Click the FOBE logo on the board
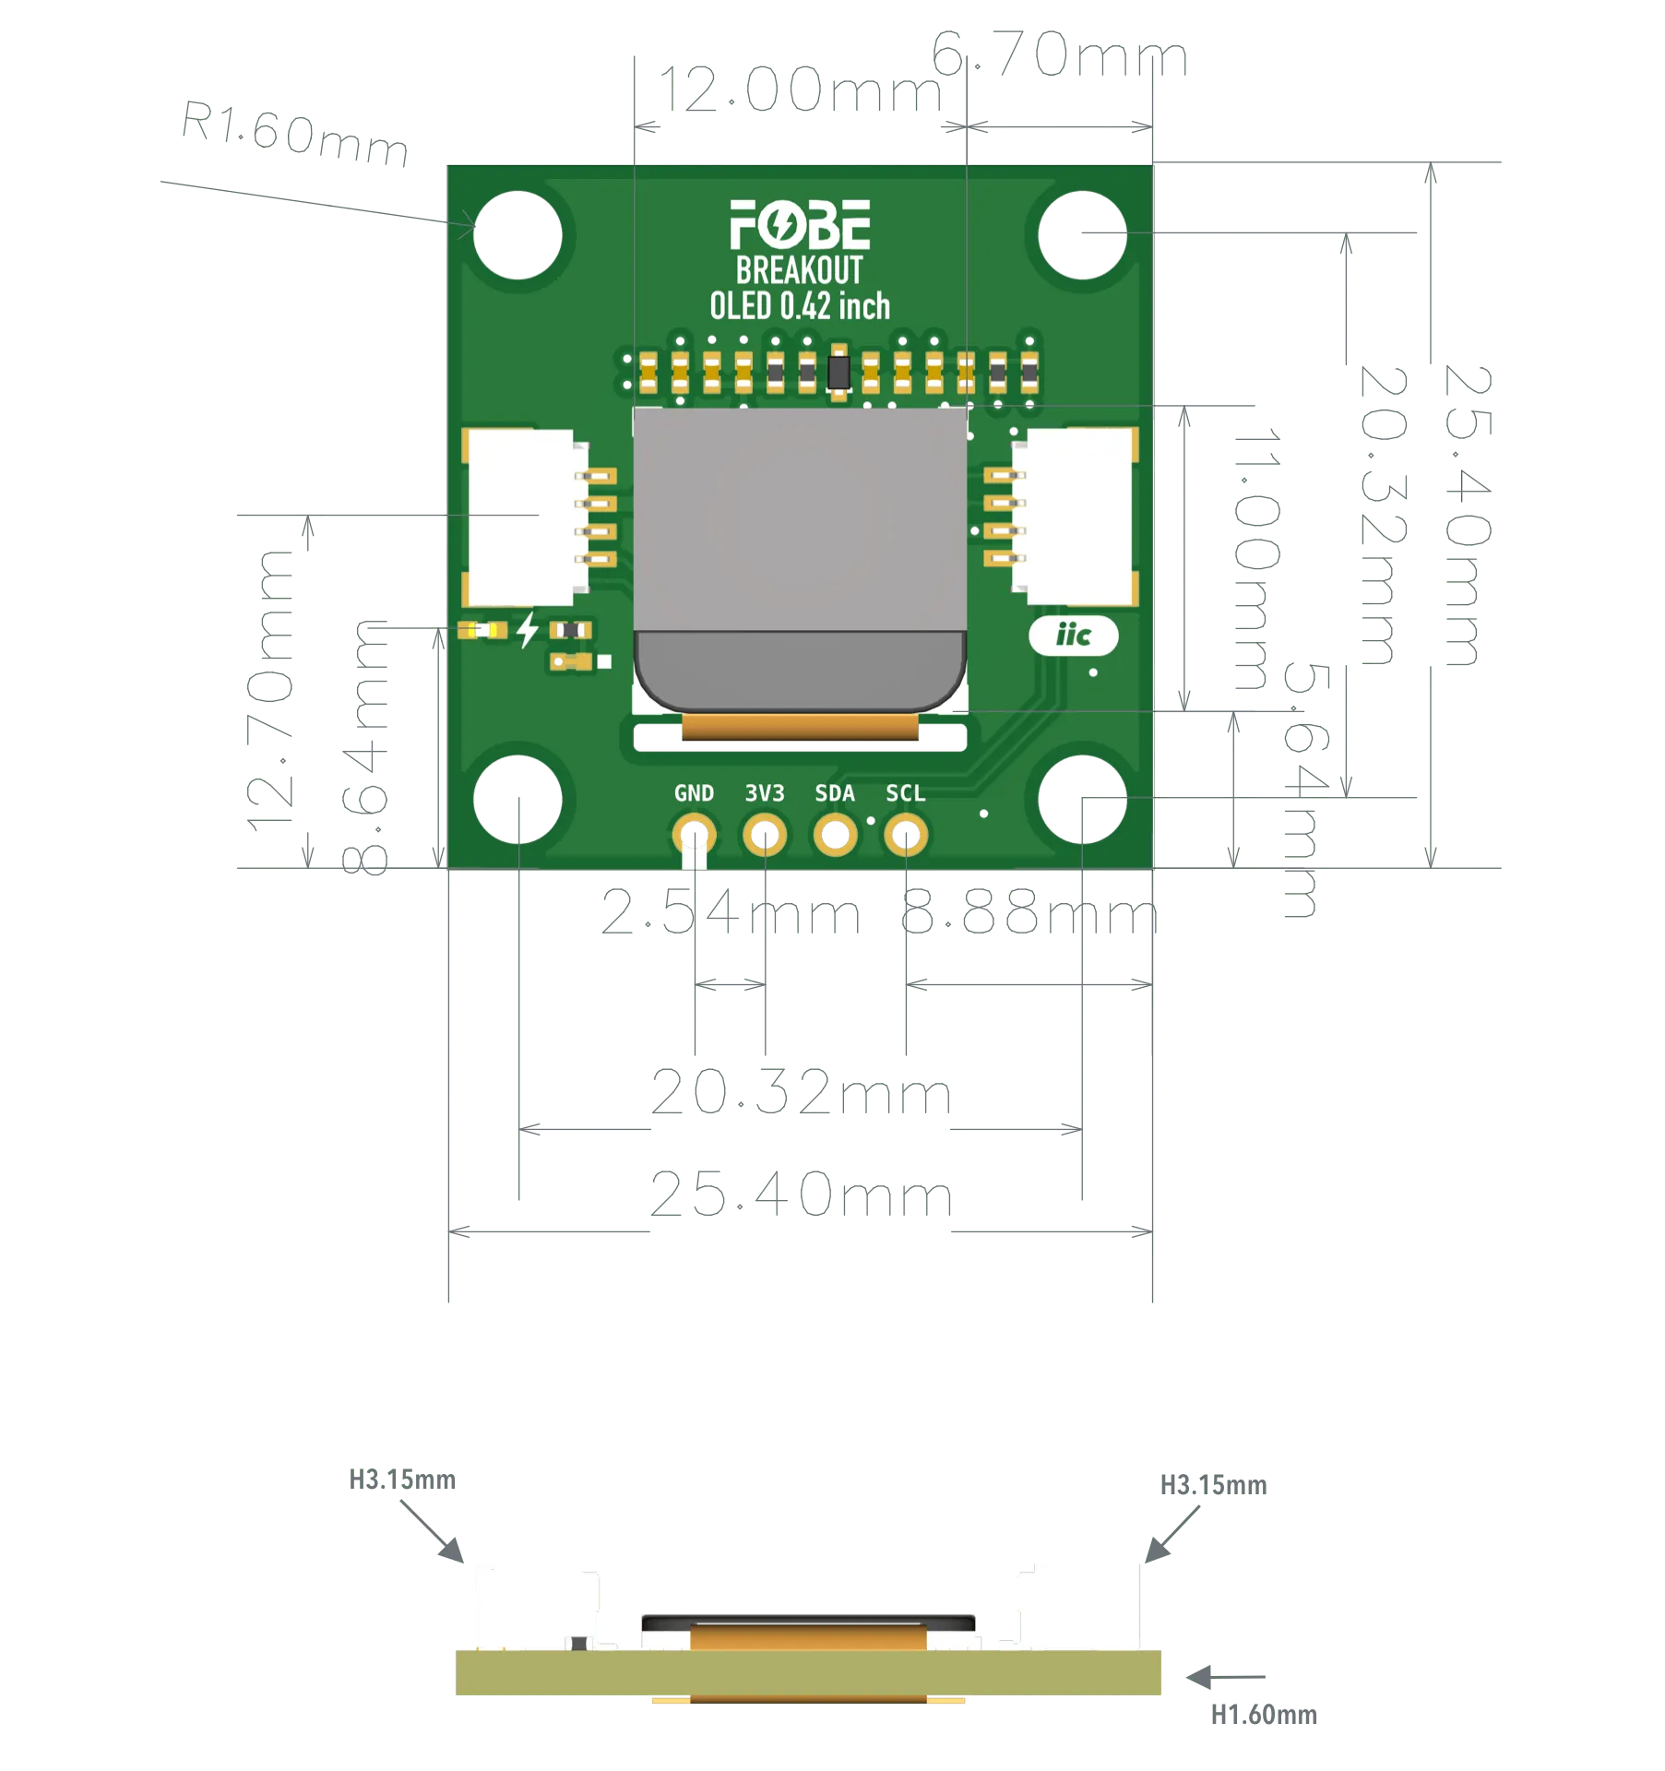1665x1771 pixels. [799, 225]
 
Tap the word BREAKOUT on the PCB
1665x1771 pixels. [799, 270]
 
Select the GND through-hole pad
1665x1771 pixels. [693, 836]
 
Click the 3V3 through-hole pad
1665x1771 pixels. [764, 836]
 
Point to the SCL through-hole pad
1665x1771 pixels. [905, 836]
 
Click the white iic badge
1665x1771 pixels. [1073, 636]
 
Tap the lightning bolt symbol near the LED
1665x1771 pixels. [528, 630]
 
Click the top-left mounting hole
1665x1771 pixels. [518, 233]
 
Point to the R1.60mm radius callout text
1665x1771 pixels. [293, 136]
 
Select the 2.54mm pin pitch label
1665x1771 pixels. [731, 917]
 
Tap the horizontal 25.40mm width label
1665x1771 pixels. [800, 1195]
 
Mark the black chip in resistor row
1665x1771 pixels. [838, 373]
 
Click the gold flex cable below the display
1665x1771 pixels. [800, 728]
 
